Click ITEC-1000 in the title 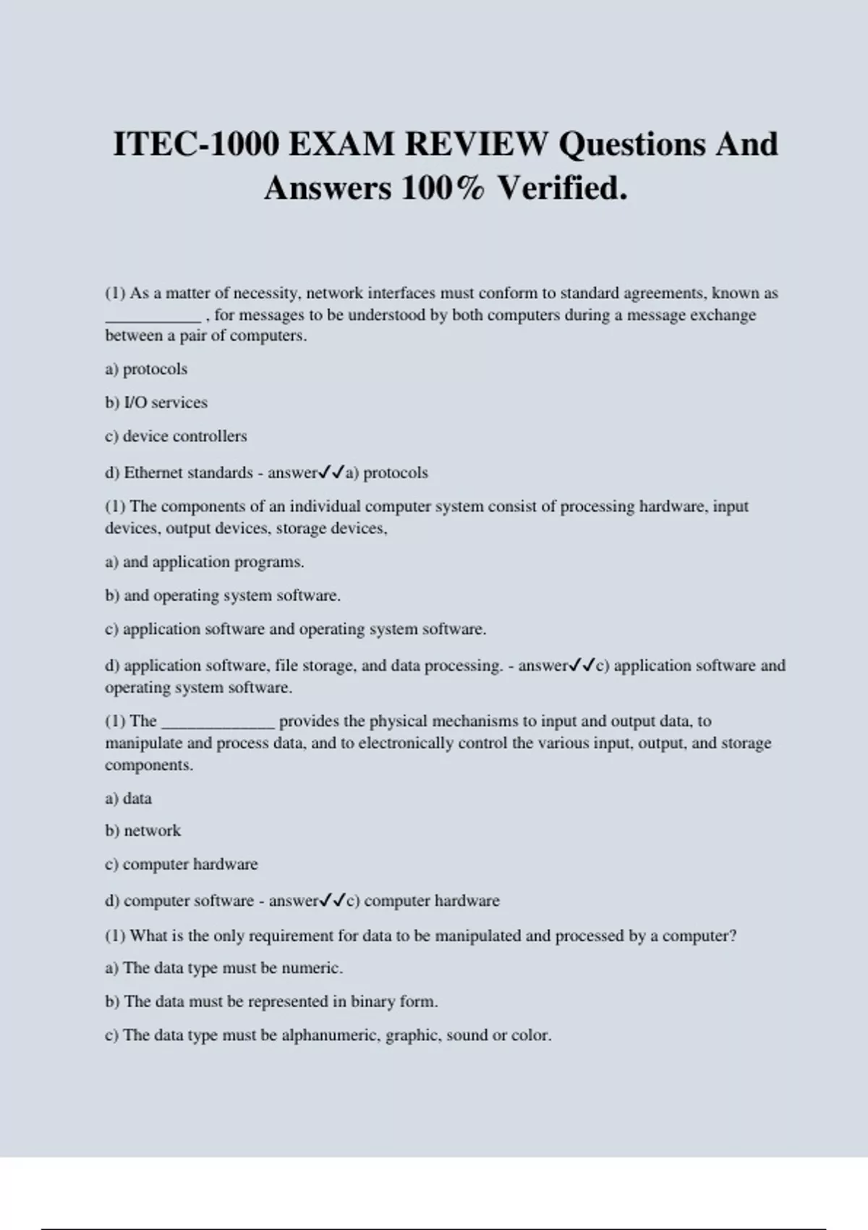196,144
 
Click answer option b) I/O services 156,402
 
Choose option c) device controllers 176,436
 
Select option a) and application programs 205,561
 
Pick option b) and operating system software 223,595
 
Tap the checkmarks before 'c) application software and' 582,665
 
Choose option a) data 129,798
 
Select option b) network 143,831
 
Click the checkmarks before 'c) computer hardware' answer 333,901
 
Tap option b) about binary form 272,1001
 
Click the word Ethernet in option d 152,472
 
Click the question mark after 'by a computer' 733,936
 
